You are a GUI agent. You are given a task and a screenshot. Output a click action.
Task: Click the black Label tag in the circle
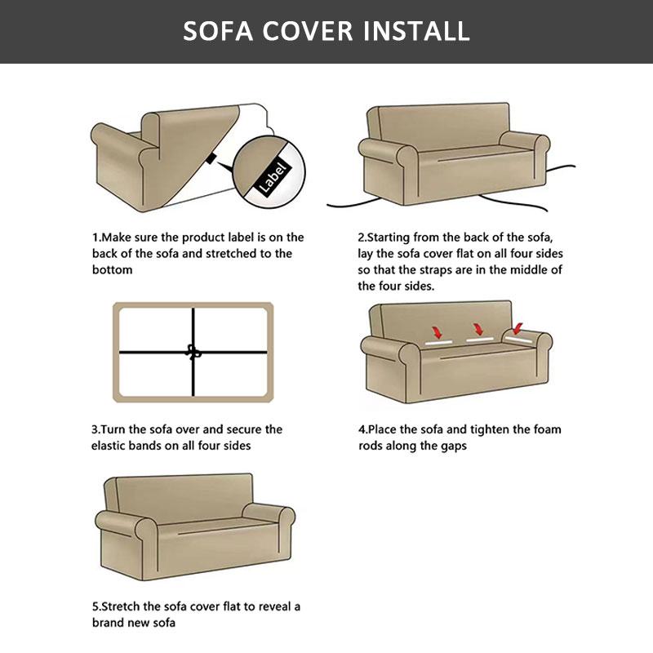[x=269, y=173]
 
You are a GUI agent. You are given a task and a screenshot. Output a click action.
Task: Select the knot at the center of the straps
[x=193, y=353]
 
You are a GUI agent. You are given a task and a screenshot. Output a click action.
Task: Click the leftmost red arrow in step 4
[x=438, y=333]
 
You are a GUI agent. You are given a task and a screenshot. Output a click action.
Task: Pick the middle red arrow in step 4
[x=477, y=331]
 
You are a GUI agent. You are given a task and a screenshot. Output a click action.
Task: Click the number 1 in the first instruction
[x=95, y=238]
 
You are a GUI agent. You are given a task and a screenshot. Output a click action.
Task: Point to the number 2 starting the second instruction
[x=362, y=238]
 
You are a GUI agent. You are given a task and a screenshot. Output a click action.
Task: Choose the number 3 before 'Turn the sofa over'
[x=95, y=429]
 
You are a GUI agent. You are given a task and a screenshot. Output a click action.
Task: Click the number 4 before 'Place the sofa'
[x=362, y=429]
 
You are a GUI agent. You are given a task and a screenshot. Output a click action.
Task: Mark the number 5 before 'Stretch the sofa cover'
[x=95, y=606]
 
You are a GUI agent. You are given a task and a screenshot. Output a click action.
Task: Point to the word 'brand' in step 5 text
[x=109, y=623]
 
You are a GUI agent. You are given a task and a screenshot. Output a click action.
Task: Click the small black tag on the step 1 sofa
[x=211, y=161]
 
